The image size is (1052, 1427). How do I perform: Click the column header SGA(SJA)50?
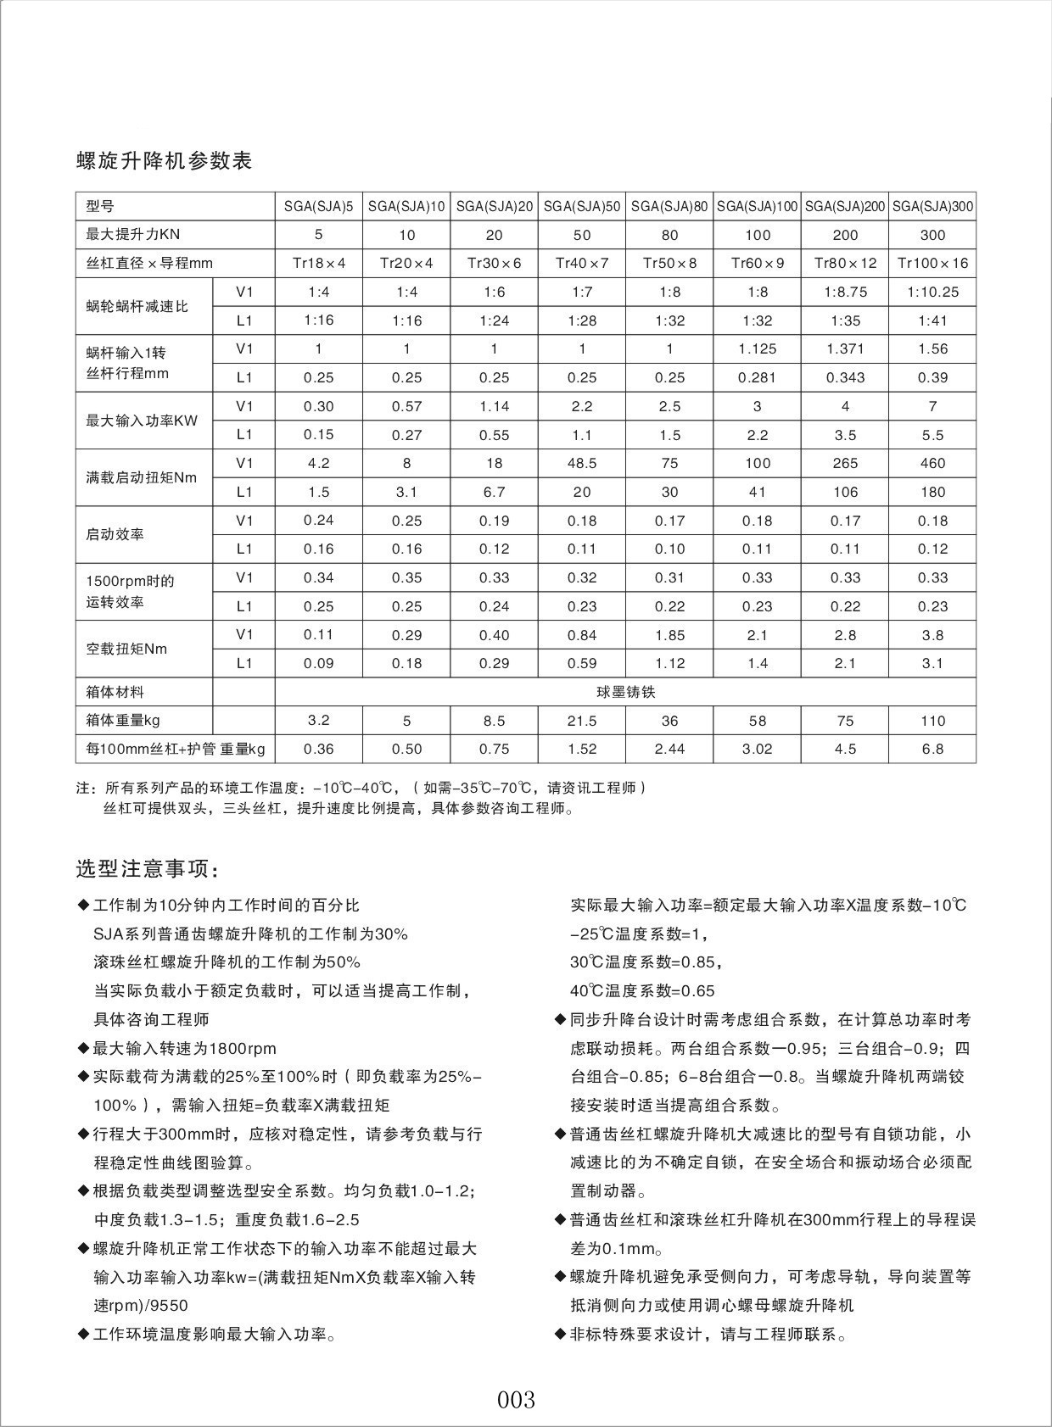point(581,206)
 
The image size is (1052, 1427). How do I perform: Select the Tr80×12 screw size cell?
point(845,263)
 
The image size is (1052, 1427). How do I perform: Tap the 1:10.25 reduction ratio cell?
point(932,292)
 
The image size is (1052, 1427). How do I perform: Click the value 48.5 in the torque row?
point(582,463)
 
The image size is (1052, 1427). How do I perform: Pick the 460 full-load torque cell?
point(932,463)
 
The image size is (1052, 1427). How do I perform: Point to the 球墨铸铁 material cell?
point(625,692)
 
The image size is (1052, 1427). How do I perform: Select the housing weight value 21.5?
point(582,721)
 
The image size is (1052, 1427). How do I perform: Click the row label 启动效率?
point(115,534)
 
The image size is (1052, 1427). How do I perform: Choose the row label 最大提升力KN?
point(133,234)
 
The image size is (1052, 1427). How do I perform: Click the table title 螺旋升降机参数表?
point(164,161)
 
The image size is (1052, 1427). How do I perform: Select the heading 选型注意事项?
point(148,869)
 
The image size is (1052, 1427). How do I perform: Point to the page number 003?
point(516,1398)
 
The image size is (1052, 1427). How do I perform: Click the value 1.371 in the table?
point(845,348)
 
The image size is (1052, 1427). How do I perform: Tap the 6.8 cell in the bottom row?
point(932,749)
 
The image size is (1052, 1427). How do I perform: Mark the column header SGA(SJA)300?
point(932,206)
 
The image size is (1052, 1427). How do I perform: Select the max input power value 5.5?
point(932,435)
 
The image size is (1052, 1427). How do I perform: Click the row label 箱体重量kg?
point(123,721)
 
